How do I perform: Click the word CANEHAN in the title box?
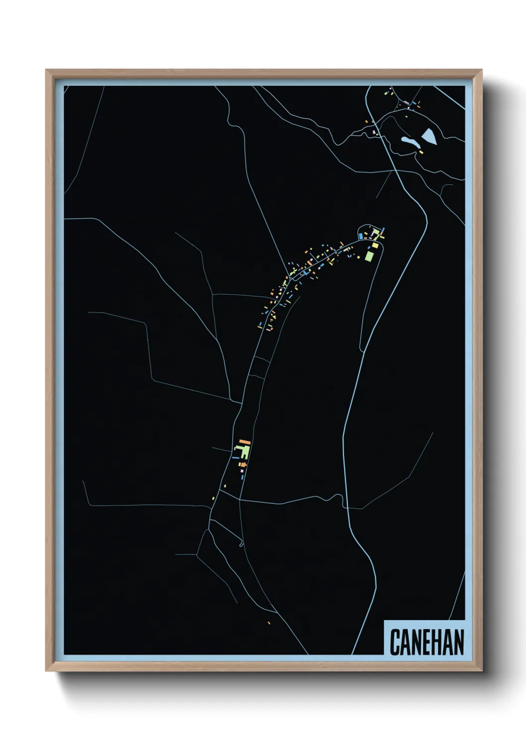(x=427, y=642)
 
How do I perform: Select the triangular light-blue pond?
(x=429, y=135)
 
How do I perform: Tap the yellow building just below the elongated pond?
(x=421, y=151)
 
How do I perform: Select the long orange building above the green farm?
(x=244, y=441)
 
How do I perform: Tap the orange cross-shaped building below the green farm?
(x=243, y=464)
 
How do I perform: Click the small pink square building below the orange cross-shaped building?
(x=242, y=470)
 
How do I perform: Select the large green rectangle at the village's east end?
(x=369, y=256)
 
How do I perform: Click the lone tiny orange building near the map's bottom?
(x=269, y=623)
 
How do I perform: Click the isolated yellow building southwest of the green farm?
(x=213, y=498)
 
